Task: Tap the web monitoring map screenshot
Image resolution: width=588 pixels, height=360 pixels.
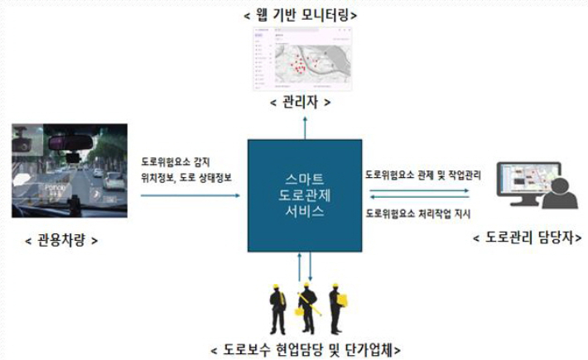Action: tap(304, 60)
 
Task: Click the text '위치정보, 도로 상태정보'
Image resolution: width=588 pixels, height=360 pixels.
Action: tap(186, 176)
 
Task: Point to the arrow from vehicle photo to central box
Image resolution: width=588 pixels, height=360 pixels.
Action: tap(186, 196)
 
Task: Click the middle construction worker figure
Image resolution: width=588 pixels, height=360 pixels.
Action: tap(307, 308)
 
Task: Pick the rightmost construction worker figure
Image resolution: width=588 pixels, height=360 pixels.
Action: tap(336, 308)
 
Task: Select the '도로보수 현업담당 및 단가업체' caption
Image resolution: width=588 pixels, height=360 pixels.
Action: tap(306, 349)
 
